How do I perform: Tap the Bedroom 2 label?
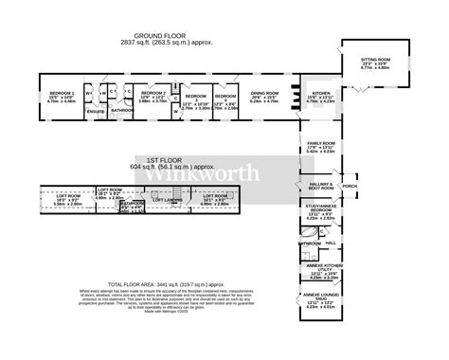(x=153, y=92)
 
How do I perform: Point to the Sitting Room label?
(x=375, y=59)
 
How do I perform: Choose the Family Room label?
(x=320, y=145)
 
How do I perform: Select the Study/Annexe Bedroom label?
(x=320, y=209)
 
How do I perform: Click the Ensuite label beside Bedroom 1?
(x=96, y=112)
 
